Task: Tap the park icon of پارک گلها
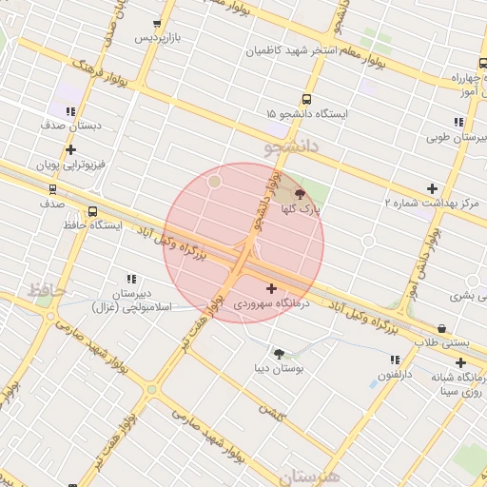[302, 193]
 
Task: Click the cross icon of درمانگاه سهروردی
[272, 288]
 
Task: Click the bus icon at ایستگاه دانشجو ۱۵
[306, 99]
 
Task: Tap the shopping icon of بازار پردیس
[157, 25]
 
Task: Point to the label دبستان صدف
[70, 125]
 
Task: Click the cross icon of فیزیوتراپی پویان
[70, 149]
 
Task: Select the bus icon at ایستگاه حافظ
[92, 212]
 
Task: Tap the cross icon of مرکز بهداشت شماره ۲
[432, 188]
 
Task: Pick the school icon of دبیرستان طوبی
[458, 123]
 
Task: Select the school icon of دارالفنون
[394, 360]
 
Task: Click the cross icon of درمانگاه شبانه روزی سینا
[460, 362]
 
